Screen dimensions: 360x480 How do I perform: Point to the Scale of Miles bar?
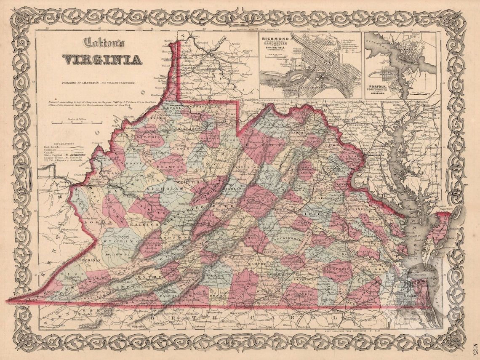coord(76,123)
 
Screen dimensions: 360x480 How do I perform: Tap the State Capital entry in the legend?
coord(55,155)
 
